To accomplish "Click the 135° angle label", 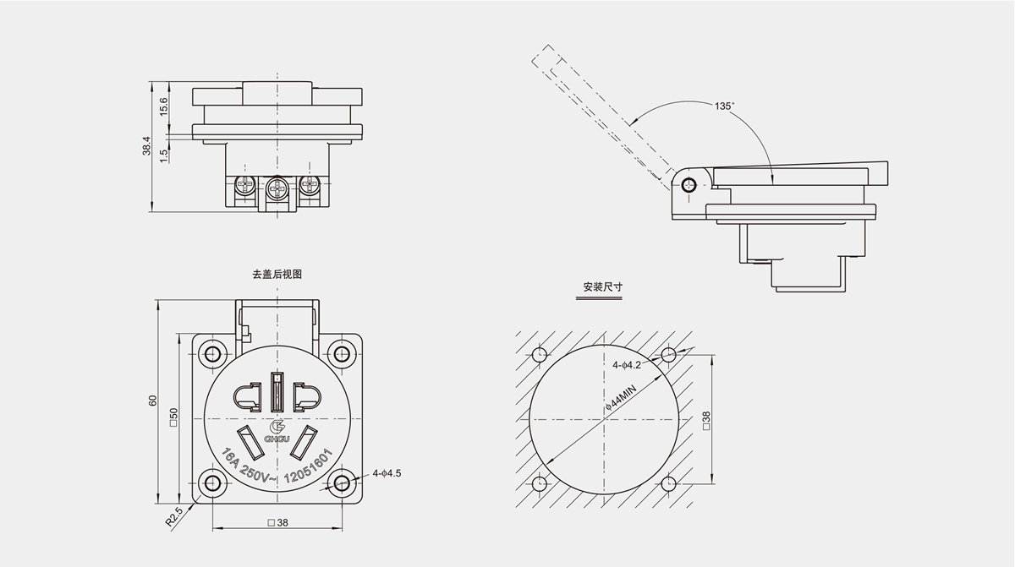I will [x=724, y=106].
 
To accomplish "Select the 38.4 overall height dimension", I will [x=146, y=145].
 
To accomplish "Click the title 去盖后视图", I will [x=277, y=275].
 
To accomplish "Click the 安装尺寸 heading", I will [x=603, y=287].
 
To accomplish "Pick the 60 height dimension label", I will [x=153, y=401].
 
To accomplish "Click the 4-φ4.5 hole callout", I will [x=387, y=473].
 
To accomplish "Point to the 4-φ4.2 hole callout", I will [x=628, y=366].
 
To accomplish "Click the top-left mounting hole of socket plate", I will [x=211, y=353].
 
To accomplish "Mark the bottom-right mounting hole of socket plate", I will [x=342, y=482].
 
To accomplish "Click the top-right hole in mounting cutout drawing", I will [x=668, y=354].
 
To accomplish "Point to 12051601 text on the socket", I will [x=307, y=466].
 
